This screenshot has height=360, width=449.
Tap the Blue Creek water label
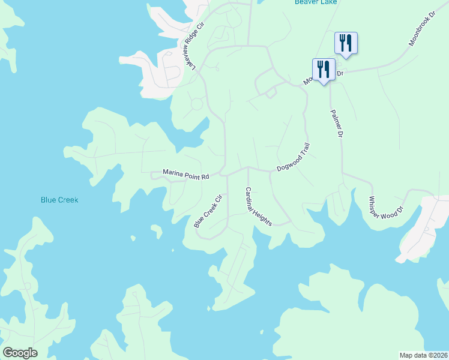coord(59,200)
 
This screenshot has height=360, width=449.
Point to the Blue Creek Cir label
coord(208,211)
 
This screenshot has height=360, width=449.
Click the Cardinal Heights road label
coord(258,206)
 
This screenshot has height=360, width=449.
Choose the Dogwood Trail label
coord(293,157)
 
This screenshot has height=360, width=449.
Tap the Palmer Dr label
coord(337,124)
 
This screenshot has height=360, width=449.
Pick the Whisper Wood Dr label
coord(387,211)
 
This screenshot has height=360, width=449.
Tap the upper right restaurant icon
coord(346,42)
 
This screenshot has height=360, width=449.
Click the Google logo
coord(20,353)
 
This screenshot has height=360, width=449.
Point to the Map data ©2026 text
coord(423,355)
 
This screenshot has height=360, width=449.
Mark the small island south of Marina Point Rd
coord(156,230)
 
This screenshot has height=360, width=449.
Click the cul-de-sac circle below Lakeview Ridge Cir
coord(196,104)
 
